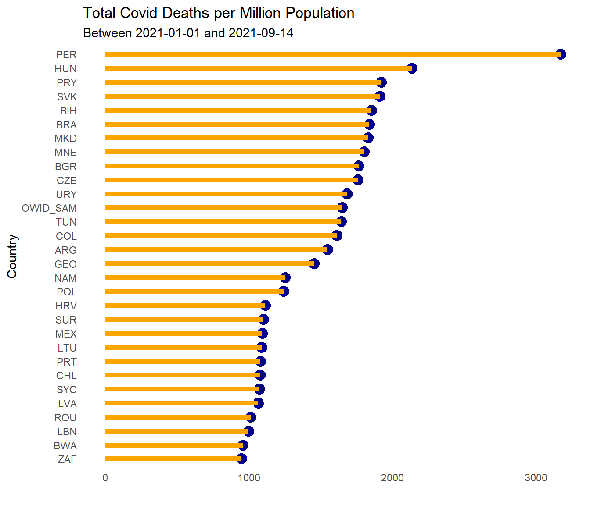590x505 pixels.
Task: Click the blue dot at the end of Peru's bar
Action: click(561, 54)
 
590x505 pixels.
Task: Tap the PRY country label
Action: click(67, 83)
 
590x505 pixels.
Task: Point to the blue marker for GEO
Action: click(314, 263)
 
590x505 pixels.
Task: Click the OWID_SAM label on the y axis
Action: click(49, 208)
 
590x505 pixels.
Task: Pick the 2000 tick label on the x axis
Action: click(392, 478)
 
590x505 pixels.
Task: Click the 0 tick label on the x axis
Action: click(105, 478)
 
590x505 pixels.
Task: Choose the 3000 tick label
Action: click(536, 478)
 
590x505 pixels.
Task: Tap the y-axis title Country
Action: click(12, 256)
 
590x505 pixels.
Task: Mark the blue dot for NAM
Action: click(285, 277)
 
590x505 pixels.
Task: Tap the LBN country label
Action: click(67, 432)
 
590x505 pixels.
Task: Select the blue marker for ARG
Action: click(327, 250)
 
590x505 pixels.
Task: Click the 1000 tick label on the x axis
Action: click(249, 478)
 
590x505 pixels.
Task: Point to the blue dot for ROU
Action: click(251, 417)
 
